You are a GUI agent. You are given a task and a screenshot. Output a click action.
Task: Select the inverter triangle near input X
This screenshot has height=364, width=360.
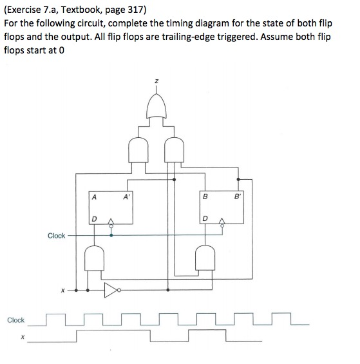[113, 290]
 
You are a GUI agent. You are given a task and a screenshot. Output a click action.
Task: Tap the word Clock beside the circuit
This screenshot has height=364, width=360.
[56, 235]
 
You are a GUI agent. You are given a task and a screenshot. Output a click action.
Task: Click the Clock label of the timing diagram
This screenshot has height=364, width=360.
[16, 320]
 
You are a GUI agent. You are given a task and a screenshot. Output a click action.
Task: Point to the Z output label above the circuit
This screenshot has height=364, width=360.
[156, 81]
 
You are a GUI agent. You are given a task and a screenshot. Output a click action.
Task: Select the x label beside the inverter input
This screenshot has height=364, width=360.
[62, 291]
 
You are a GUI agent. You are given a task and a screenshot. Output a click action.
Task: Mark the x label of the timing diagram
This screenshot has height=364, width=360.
[21, 335]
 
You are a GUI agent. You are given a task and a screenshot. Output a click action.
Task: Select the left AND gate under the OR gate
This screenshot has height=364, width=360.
[138, 149]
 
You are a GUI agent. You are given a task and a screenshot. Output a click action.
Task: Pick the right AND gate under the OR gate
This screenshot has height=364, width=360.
[173, 149]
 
